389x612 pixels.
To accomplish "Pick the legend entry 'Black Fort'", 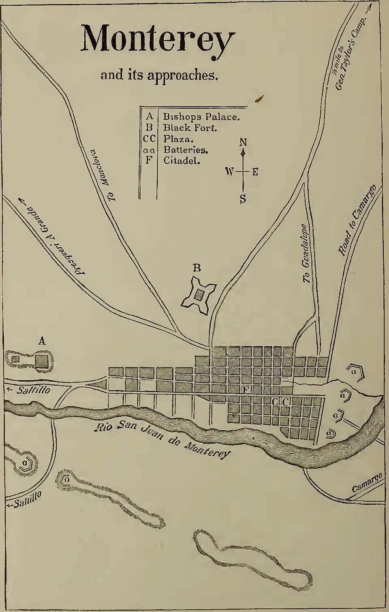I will tap(190, 128).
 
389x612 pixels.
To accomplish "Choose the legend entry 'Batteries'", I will tap(186, 149).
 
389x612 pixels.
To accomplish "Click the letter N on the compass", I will tap(243, 142).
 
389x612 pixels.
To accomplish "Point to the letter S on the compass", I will tap(243, 199).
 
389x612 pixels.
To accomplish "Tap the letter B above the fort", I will tap(197, 268).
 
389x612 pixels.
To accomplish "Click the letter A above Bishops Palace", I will tap(41, 341).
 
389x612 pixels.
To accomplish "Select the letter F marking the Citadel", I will tap(245, 390).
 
